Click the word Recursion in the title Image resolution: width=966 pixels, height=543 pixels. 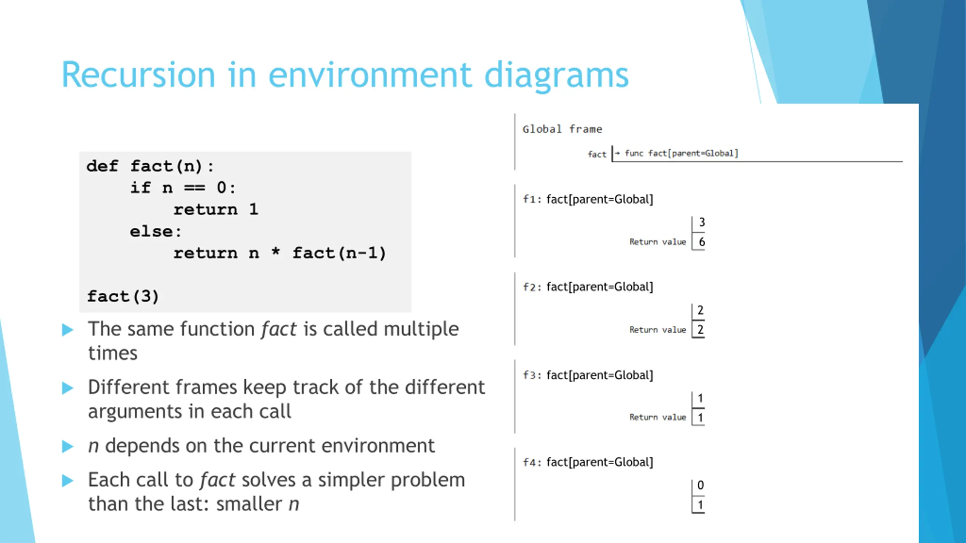click(138, 75)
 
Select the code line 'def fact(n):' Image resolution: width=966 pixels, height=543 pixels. click(150, 166)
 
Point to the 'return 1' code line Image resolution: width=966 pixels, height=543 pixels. click(216, 209)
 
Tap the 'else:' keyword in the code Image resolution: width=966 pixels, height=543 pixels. click(156, 231)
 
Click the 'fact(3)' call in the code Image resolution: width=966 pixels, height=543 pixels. click(123, 296)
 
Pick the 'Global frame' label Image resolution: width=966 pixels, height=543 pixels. click(562, 129)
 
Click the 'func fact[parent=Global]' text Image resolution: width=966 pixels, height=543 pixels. click(681, 153)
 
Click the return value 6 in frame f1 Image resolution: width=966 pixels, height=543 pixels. click(701, 242)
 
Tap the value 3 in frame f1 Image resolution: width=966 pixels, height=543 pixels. click(701, 222)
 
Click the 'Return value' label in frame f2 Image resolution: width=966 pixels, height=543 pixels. click(658, 330)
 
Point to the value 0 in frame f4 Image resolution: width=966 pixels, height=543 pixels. click(700, 485)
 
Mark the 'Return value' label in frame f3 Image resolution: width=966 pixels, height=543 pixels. click(658, 417)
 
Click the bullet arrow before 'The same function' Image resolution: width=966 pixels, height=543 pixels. click(68, 330)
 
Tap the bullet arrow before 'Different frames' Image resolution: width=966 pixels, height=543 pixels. click(68, 388)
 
